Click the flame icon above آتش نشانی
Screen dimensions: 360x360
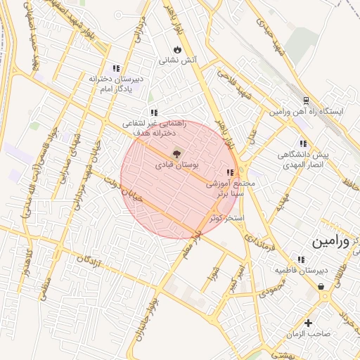[178, 50]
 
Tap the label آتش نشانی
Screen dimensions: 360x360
[179, 61]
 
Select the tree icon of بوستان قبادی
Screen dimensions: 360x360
[176, 153]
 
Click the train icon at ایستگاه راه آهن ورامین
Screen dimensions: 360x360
[307, 101]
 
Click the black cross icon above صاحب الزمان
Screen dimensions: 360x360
[308, 323]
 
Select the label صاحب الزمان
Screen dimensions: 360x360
[307, 334]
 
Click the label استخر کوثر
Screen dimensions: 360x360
[226, 219]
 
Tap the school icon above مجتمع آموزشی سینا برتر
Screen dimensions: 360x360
[230, 172]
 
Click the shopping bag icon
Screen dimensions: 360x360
[321, 286]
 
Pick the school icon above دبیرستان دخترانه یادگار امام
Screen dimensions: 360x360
[115, 68]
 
